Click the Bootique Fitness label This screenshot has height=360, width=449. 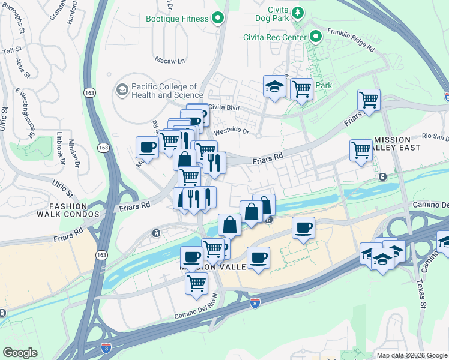[178, 19]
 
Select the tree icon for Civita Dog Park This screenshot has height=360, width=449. [296, 11]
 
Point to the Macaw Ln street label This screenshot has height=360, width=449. [170, 61]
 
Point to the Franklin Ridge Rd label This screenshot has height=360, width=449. [351, 40]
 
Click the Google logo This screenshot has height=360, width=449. [20, 353]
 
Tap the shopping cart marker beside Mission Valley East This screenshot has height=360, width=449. [361, 151]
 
